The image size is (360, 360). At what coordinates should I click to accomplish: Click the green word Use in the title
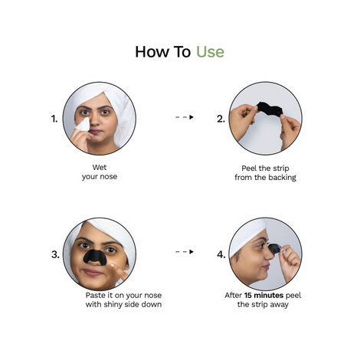210,52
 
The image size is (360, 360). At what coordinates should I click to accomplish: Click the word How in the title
150,52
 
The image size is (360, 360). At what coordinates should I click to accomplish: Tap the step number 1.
54,119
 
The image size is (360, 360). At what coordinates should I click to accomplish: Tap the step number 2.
221,119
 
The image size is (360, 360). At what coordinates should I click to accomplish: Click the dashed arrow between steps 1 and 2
185,117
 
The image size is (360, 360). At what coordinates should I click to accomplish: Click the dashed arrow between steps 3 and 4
185,250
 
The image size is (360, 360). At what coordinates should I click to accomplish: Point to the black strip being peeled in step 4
273,247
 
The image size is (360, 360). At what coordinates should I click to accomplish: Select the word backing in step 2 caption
280,177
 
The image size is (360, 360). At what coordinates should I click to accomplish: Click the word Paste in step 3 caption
97,294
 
